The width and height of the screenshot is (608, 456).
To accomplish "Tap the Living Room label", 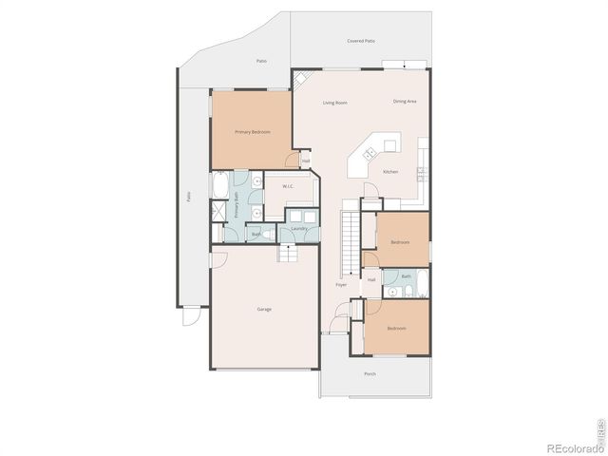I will click(x=334, y=103).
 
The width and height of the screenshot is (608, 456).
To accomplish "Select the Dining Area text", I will click(x=405, y=101).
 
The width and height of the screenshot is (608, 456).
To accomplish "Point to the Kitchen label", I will click(x=389, y=172).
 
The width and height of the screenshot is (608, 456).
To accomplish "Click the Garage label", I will click(x=264, y=309).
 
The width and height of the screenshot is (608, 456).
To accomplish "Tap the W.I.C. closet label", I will click(x=286, y=186).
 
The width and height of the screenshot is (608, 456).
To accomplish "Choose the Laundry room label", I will click(x=297, y=228).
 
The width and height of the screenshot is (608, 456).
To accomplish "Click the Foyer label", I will click(x=340, y=284).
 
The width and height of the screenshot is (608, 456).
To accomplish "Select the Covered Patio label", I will click(x=359, y=41).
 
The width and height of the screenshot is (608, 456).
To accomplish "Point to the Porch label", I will click(x=370, y=373).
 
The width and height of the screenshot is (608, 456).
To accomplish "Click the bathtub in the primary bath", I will click(x=220, y=185).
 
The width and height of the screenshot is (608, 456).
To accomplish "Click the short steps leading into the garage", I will click(x=289, y=252).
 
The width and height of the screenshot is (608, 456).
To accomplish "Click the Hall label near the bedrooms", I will click(x=370, y=280).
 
